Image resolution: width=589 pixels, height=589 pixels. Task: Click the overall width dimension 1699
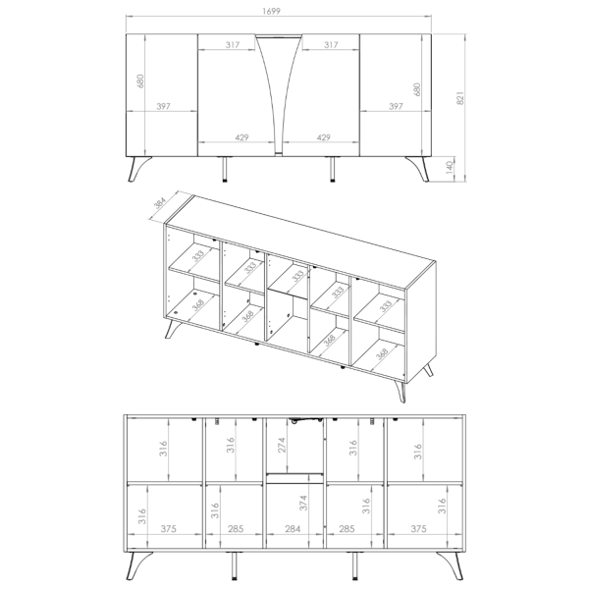pyautogui.click(x=271, y=11)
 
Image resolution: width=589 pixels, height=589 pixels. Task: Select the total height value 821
pyautogui.click(x=460, y=98)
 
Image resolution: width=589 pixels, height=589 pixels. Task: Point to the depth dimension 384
pyautogui.click(x=160, y=203)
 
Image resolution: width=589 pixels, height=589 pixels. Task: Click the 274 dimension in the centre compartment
pyautogui.click(x=282, y=445)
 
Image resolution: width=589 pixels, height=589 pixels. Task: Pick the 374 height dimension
pyautogui.click(x=303, y=503)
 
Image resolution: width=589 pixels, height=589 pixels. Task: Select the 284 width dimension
pyautogui.click(x=293, y=529)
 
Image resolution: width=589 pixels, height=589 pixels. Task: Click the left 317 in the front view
pyautogui.click(x=233, y=45)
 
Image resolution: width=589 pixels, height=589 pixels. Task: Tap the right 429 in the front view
pyautogui.click(x=323, y=137)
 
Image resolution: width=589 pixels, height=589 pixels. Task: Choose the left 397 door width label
pyautogui.click(x=163, y=106)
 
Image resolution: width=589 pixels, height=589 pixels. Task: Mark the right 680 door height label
pyautogui.click(x=417, y=89)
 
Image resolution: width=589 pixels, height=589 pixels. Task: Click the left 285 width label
pyautogui.click(x=236, y=529)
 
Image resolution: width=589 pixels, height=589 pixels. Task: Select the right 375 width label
pyautogui.click(x=418, y=529)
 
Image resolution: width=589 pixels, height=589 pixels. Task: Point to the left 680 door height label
pyautogui.click(x=140, y=80)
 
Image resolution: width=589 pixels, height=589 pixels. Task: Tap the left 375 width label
pyautogui.click(x=168, y=529)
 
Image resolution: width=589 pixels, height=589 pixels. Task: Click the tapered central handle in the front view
pyautogui.click(x=279, y=94)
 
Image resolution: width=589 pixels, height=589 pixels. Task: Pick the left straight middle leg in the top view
pyautogui.click(x=225, y=169)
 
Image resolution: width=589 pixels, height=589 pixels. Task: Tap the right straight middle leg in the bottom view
pyautogui.click(x=354, y=565)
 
